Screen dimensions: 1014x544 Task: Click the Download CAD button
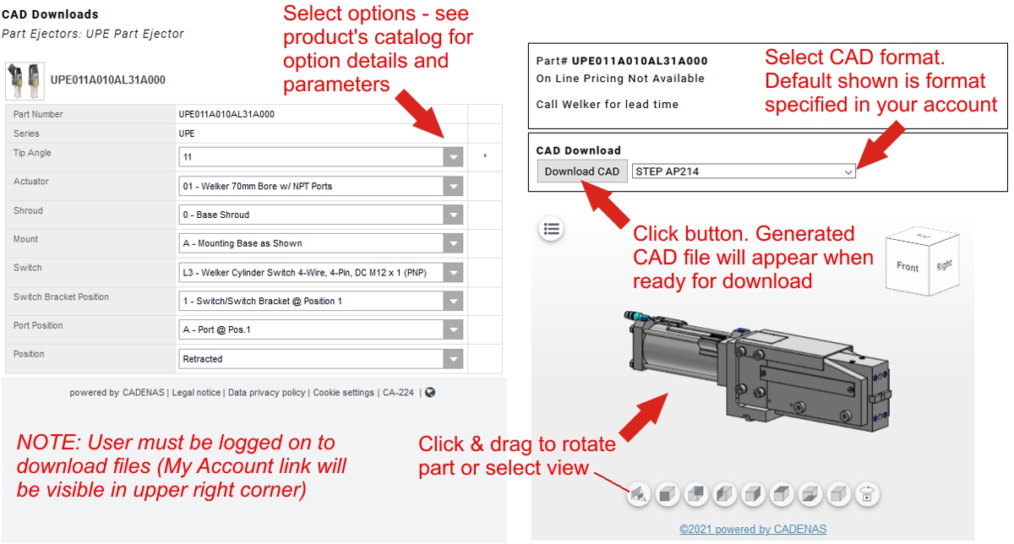[x=581, y=171]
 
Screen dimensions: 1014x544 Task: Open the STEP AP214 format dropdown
[x=744, y=171]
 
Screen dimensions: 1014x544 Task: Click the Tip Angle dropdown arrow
[x=453, y=157]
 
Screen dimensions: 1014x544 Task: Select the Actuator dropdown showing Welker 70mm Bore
[x=320, y=186]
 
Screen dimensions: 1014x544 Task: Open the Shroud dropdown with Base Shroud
[x=320, y=215]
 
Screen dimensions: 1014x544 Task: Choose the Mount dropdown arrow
[x=453, y=243]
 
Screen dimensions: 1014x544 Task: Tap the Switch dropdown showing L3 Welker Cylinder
[x=320, y=273]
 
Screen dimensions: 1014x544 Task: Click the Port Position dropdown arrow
[x=453, y=330]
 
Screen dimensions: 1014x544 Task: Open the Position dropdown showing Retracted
[x=320, y=359]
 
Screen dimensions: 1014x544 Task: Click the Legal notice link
[x=196, y=393]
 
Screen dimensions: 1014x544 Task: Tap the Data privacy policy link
[x=267, y=393]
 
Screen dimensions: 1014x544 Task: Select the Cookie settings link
[x=344, y=393]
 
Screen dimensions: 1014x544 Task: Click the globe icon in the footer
[x=430, y=393]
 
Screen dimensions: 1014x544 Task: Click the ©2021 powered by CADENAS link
[x=753, y=529]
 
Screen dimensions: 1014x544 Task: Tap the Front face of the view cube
[x=908, y=267]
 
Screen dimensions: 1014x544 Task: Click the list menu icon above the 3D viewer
[x=551, y=229]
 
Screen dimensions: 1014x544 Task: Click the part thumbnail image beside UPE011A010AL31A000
[x=25, y=81]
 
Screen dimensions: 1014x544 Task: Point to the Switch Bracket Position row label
[x=61, y=296]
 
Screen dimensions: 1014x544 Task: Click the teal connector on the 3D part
[x=637, y=315]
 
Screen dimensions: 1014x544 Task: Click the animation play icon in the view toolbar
[x=867, y=494]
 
